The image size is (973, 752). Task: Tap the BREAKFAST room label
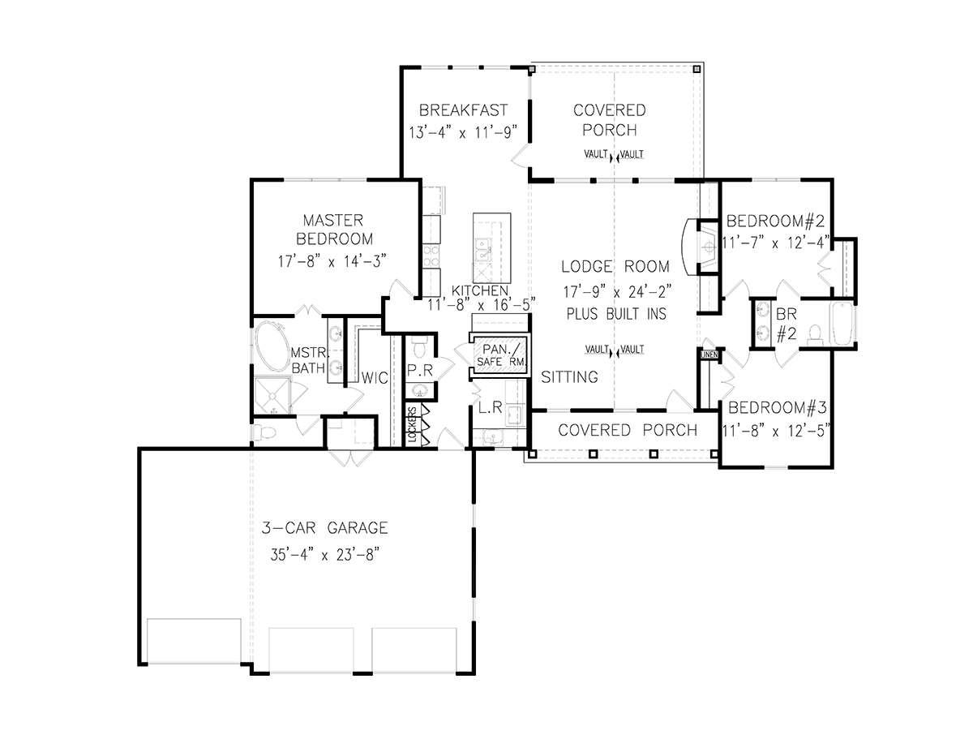pos(463,110)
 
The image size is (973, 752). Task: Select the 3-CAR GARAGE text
pos(324,528)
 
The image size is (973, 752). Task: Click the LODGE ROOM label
pos(616,266)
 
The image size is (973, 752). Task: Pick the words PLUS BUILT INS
pos(616,314)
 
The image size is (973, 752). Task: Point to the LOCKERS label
pos(413,425)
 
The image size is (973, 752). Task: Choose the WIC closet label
pos(374,378)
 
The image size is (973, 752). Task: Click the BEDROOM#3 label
pos(776,408)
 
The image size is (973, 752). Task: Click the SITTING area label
pos(569,376)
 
